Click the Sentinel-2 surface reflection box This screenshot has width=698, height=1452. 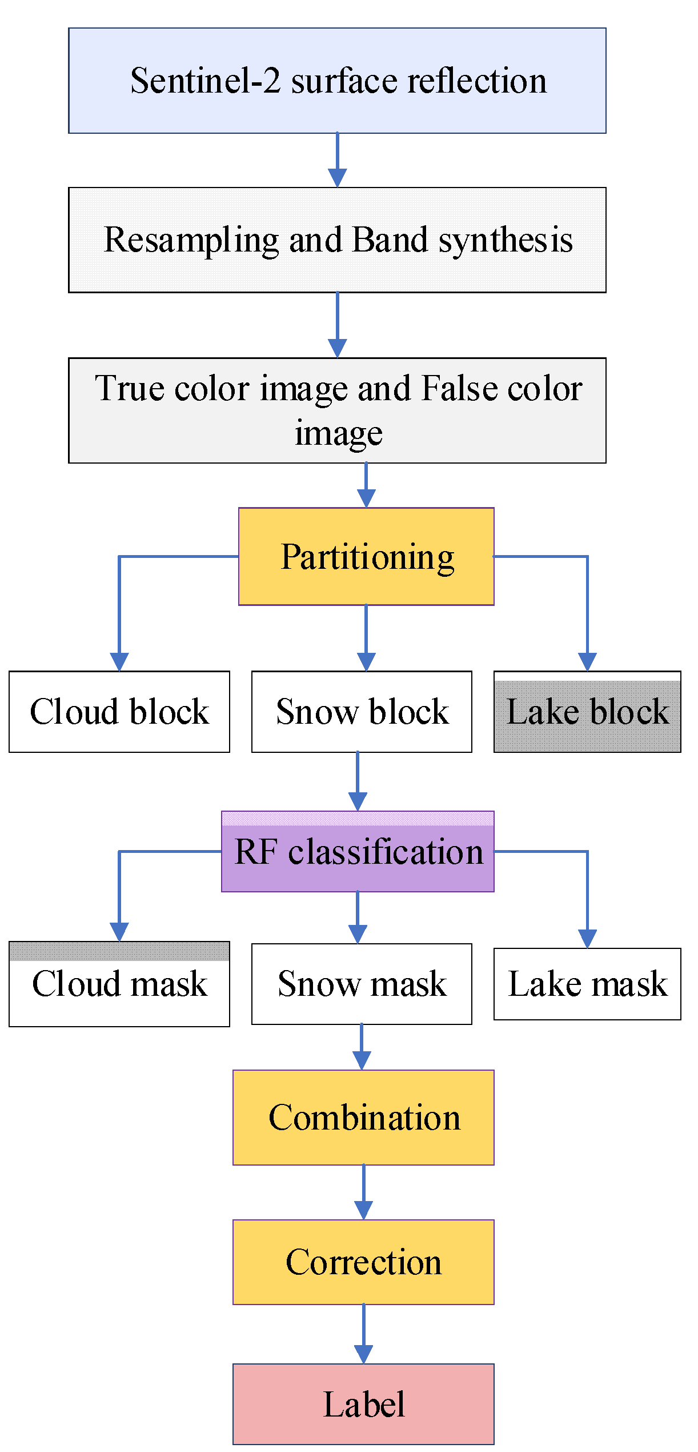pos(337,81)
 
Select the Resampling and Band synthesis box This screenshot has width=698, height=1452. pos(337,240)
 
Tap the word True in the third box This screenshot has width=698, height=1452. pos(130,389)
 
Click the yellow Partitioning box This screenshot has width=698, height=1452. pos(366,556)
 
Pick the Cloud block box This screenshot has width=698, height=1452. pos(119,712)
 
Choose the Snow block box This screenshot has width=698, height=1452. pos(362,712)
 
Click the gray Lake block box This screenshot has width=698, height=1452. pos(587,712)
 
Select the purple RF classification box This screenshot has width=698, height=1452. pos(358,852)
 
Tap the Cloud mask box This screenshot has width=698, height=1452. pos(119,984)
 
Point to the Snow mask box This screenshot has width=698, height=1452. pos(362,984)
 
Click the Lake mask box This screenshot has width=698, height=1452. pos(587,984)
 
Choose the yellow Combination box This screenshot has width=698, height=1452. pos(363,1118)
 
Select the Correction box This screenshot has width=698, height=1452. pos(363,1262)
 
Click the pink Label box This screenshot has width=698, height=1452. pos(363,1405)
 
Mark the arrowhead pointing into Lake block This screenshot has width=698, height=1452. pos(587,662)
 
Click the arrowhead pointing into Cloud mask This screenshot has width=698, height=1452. pos(119,932)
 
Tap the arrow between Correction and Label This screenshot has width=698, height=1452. pos(363,1334)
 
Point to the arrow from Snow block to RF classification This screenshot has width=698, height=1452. pos(358,781)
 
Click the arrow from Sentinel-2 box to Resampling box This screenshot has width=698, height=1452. pos(337,160)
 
